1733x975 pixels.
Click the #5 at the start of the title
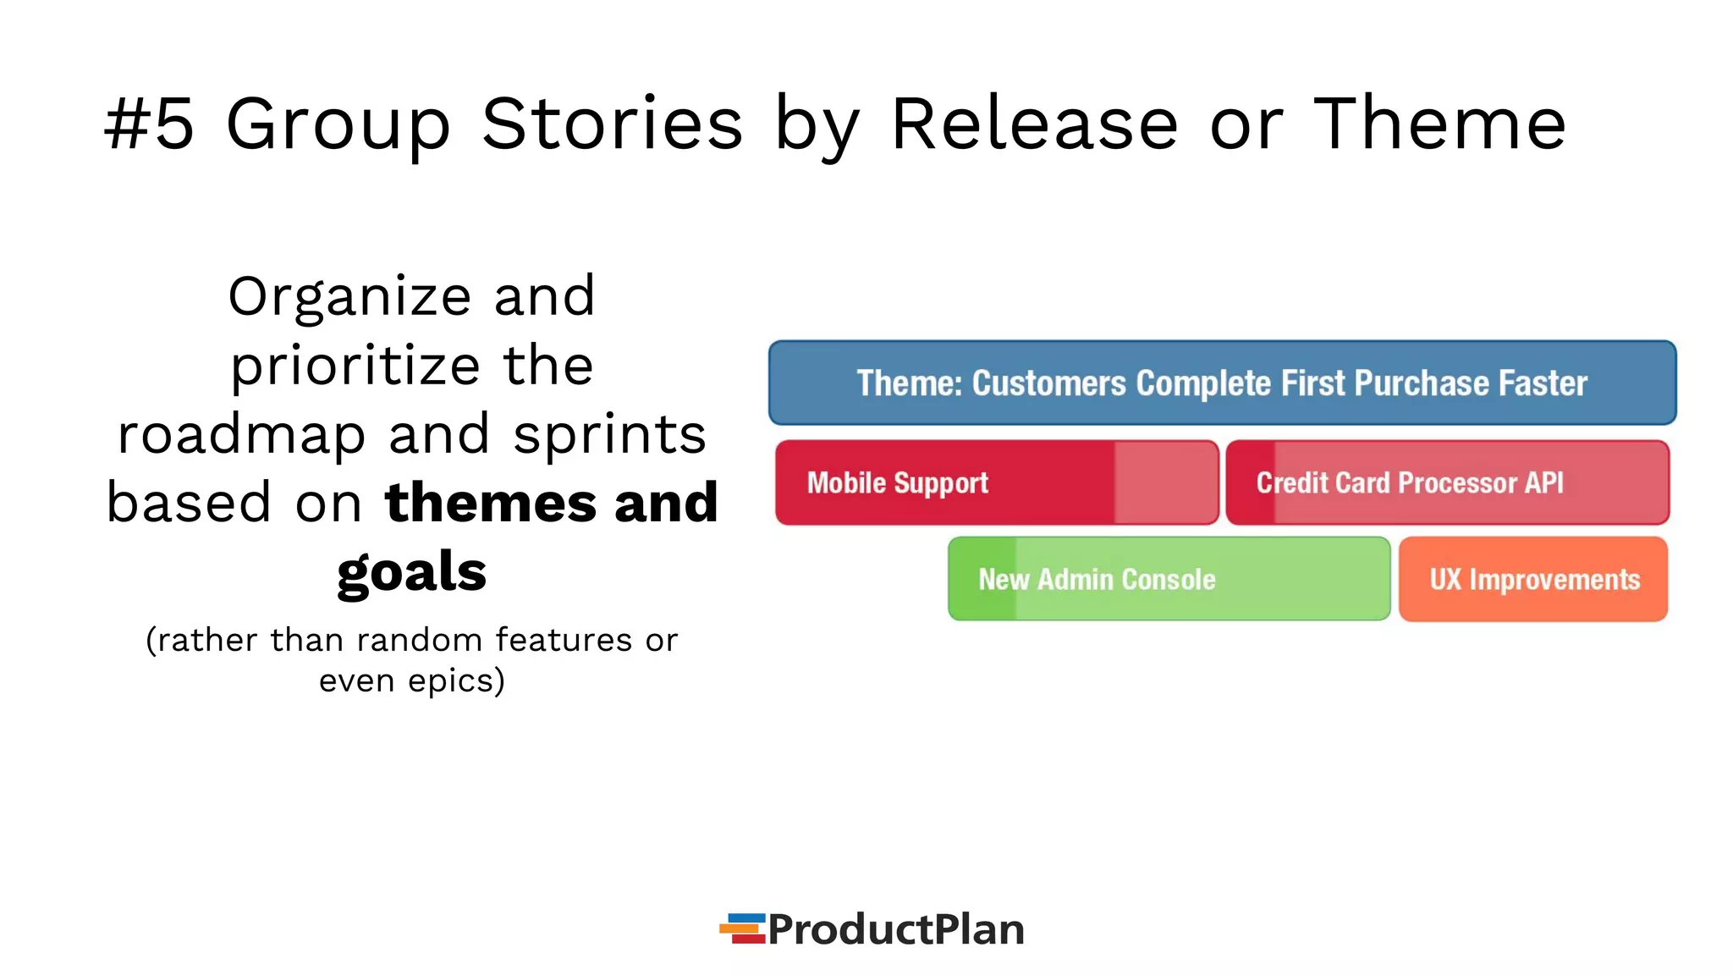pos(150,124)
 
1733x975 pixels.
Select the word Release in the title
pos(1034,124)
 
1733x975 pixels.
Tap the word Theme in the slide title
pos(1439,124)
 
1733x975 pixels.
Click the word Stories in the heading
pos(612,124)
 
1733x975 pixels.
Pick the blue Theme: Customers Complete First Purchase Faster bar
pos(1222,383)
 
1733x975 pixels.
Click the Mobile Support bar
pos(997,482)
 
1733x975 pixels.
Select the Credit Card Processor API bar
pos(1447,482)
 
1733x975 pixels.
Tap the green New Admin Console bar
pos(1169,579)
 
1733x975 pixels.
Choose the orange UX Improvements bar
pos(1533,579)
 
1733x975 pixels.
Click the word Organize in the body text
pos(349,297)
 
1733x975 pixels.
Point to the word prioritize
pos(355,366)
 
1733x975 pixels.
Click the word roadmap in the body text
pos(241,435)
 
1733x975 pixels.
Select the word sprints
pos(609,435)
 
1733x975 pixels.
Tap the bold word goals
pos(411,573)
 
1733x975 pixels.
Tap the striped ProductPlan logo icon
pos(742,928)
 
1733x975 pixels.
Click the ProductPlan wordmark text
pos(895,929)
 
